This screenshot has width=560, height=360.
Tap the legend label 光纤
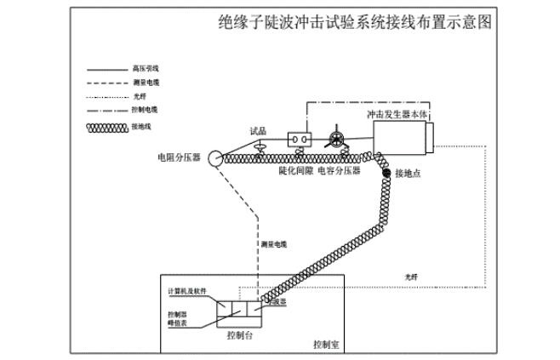click(139, 97)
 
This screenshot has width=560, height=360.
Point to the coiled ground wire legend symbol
click(108, 127)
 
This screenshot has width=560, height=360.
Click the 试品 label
click(258, 131)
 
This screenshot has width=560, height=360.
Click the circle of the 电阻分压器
click(211, 157)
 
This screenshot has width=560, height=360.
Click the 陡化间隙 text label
click(295, 170)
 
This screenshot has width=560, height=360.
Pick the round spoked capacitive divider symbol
click(335, 139)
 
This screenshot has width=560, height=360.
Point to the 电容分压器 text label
click(339, 170)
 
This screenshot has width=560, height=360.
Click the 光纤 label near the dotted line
click(411, 277)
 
